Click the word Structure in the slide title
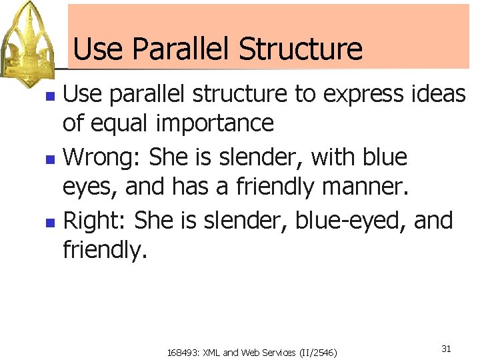(x=301, y=49)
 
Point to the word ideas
(x=441, y=95)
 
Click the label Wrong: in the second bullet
(x=103, y=157)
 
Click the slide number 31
(x=446, y=349)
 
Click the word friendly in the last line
(x=103, y=251)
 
